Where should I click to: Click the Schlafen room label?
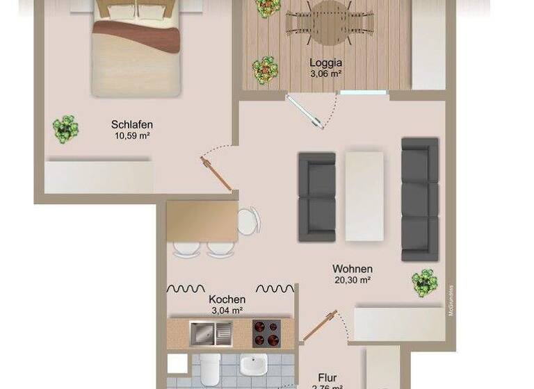[x=132, y=125]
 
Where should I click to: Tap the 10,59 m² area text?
[x=132, y=136]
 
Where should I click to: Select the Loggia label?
[x=325, y=63]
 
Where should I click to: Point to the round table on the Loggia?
[x=330, y=21]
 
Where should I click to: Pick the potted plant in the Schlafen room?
[x=65, y=129]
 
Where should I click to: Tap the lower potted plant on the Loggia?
[x=265, y=70]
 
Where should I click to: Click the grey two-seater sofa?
[x=316, y=197]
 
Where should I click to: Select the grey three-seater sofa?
[x=419, y=199]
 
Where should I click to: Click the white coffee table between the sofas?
[x=364, y=197]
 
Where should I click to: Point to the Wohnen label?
[x=353, y=269]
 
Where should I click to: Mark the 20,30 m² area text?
[x=353, y=281]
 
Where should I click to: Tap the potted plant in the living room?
[x=424, y=283]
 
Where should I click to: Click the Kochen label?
[x=227, y=299]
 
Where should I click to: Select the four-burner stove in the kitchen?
[x=266, y=333]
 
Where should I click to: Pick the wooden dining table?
[x=202, y=222]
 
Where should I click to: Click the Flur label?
[x=327, y=379]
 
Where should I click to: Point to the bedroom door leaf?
[x=216, y=174]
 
